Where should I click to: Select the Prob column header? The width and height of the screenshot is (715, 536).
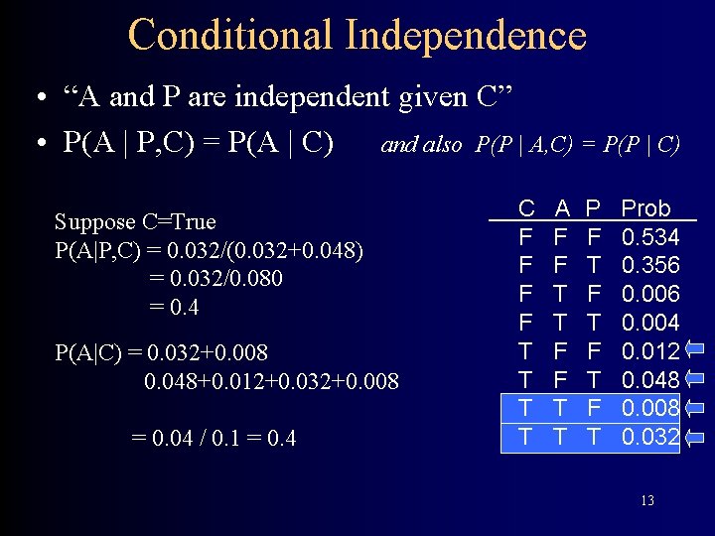point(645,208)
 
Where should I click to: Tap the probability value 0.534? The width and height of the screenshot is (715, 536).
point(649,237)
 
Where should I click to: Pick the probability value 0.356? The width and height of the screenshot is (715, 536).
point(649,266)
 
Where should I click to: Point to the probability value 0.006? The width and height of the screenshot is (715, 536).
point(649,294)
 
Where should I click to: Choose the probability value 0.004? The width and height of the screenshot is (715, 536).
point(649,323)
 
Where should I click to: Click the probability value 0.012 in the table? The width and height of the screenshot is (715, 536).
point(649,351)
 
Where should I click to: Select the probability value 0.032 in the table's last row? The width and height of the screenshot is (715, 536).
point(649,437)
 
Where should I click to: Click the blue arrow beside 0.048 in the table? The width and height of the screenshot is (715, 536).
point(694,379)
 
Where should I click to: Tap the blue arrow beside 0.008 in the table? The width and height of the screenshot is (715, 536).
point(694,408)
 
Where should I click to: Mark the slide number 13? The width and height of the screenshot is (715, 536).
point(646,500)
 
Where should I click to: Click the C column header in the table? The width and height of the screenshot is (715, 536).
point(527,208)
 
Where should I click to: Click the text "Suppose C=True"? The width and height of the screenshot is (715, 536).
point(135,221)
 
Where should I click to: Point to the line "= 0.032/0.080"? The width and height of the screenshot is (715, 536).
point(215,279)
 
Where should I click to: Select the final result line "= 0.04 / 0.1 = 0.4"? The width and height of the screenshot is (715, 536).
point(214,438)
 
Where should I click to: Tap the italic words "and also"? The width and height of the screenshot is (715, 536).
point(421,145)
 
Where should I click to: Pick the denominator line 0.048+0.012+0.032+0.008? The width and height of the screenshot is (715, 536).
point(271,381)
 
